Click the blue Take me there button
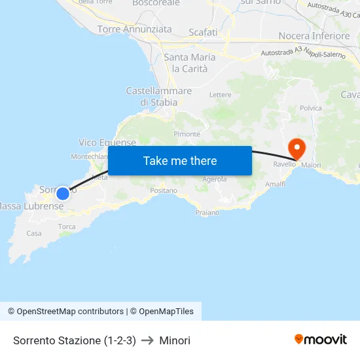(x=180, y=160)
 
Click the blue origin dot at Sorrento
(x=62, y=194)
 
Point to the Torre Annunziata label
(x=134, y=29)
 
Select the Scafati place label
(x=203, y=32)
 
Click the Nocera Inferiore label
(x=314, y=36)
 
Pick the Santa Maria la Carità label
(x=190, y=63)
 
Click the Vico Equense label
(x=107, y=143)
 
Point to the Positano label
(x=164, y=190)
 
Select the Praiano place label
(x=207, y=213)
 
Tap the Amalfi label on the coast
(x=275, y=185)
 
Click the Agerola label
(x=215, y=179)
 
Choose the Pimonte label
(x=187, y=134)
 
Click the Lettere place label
(x=221, y=95)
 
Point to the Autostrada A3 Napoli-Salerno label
(x=302, y=54)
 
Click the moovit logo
(x=321, y=340)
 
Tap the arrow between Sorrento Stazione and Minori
(x=147, y=340)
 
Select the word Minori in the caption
(x=175, y=340)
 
